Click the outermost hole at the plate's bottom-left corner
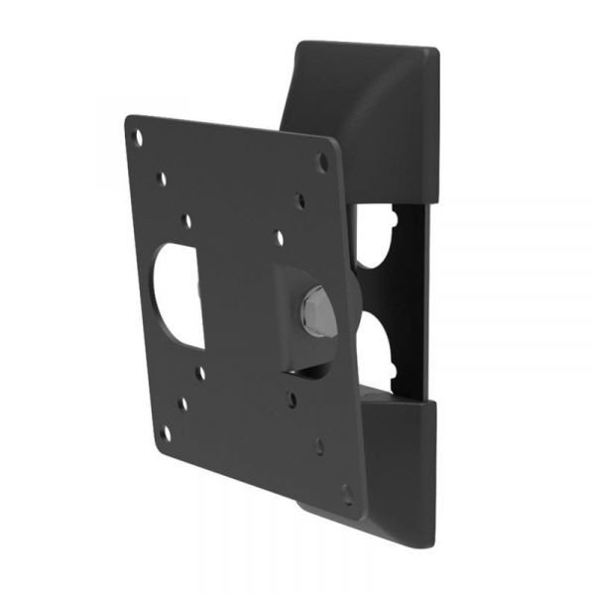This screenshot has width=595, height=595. coord(166,433)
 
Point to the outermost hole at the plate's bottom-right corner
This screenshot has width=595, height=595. coord(346,491)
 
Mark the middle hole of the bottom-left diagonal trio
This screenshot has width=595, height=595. coord(183,404)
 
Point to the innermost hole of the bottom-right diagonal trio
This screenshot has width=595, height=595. coord(293,398)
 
